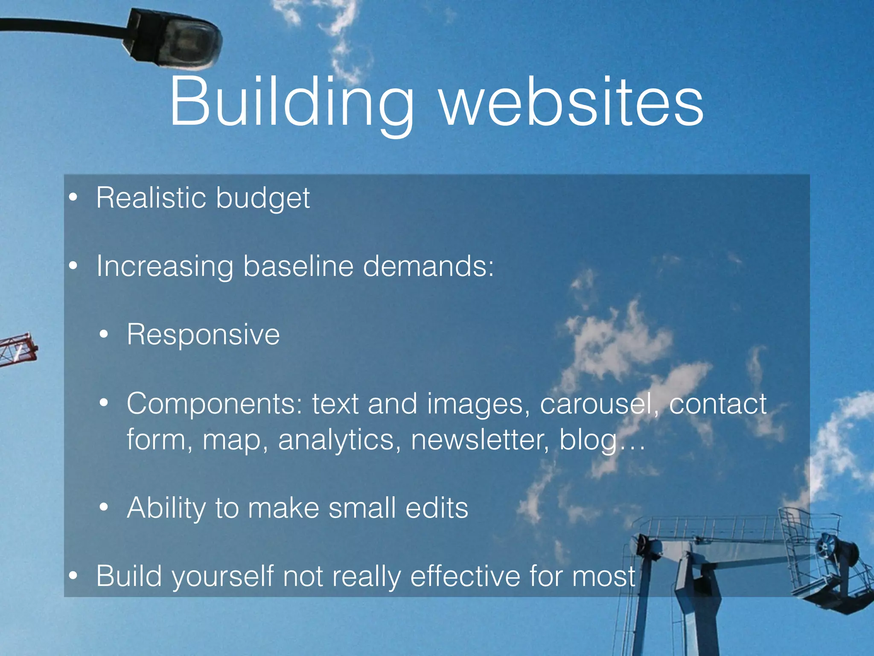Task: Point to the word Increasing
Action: click(x=165, y=267)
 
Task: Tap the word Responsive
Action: click(x=203, y=335)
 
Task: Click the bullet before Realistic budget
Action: click(x=73, y=198)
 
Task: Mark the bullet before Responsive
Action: click(x=104, y=335)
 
